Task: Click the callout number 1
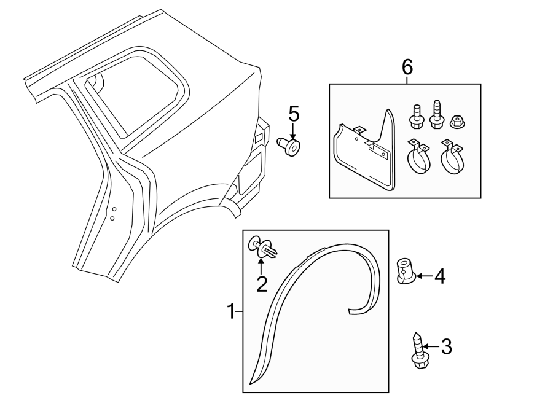point(231,312)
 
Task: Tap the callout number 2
point(262,284)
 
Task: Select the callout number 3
point(447,347)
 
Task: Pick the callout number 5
point(294,114)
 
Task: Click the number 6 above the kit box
point(407,67)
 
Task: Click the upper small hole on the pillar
point(113,209)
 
